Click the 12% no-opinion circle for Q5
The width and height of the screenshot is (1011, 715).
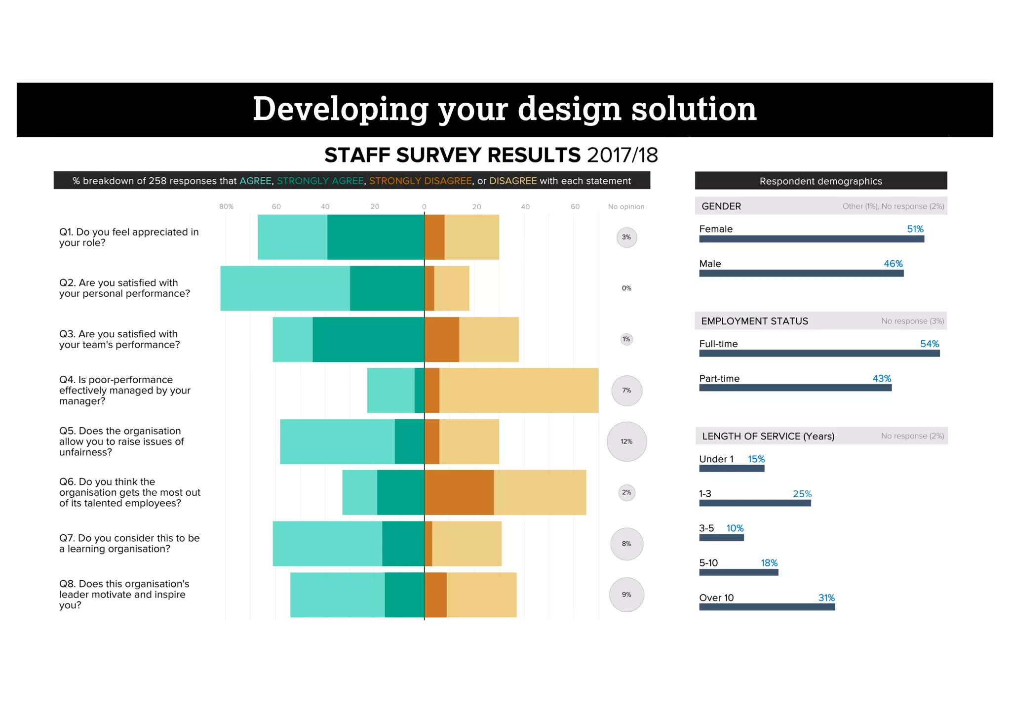click(626, 441)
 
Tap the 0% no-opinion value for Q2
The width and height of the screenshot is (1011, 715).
click(626, 288)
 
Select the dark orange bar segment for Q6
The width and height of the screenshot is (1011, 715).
click(459, 492)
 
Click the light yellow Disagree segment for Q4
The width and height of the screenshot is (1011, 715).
click(518, 390)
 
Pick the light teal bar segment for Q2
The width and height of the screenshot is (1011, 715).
click(285, 288)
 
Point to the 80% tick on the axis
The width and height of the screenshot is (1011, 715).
click(226, 206)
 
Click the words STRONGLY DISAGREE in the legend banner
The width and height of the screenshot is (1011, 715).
click(420, 181)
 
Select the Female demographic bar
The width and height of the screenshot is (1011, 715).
click(811, 239)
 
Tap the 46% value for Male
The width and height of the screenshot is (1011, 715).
click(893, 264)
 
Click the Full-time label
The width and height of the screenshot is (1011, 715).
click(718, 344)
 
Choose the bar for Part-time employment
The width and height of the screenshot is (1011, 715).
click(795, 388)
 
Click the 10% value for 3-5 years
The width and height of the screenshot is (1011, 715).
click(735, 528)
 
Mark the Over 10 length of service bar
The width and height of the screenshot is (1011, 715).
click(767, 607)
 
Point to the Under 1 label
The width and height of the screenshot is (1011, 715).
click(716, 459)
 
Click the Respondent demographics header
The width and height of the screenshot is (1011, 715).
click(820, 181)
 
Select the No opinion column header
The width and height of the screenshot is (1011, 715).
click(626, 206)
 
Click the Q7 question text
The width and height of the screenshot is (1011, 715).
click(129, 543)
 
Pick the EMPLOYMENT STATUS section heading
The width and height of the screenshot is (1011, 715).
click(754, 321)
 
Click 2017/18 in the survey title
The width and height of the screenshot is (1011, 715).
click(622, 155)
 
